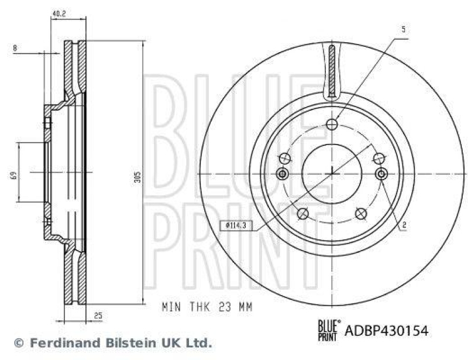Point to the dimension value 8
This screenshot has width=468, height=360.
[x=15, y=49]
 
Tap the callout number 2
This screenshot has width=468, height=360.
[x=404, y=224]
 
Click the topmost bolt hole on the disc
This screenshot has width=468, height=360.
[x=332, y=124]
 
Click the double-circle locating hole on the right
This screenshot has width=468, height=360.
[x=381, y=174]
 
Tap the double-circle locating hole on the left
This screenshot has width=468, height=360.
[x=283, y=174]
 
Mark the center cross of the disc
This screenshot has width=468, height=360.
[x=332, y=172]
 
